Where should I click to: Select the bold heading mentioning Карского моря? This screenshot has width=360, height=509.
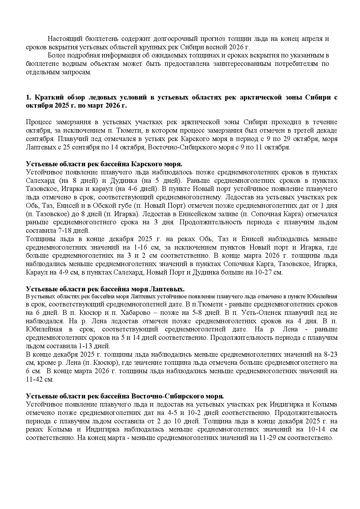click(x=104, y=164)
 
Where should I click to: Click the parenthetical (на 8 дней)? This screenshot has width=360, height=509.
click(x=78, y=181)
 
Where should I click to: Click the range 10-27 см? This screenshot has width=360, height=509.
click(x=267, y=273)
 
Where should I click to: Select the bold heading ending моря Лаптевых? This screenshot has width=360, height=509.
click(x=105, y=289)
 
